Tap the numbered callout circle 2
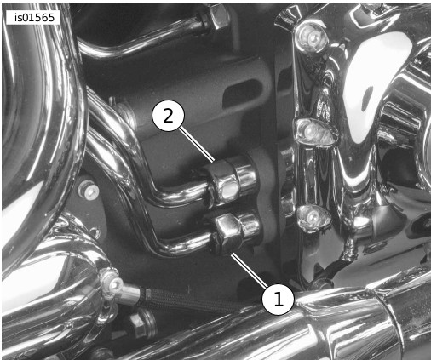[x=169, y=115]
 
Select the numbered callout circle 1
[x=279, y=299]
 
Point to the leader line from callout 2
[x=197, y=145]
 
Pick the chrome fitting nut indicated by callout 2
[x=223, y=185]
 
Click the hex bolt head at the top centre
[x=218, y=16]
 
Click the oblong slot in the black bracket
[x=240, y=93]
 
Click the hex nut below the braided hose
[x=142, y=323]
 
